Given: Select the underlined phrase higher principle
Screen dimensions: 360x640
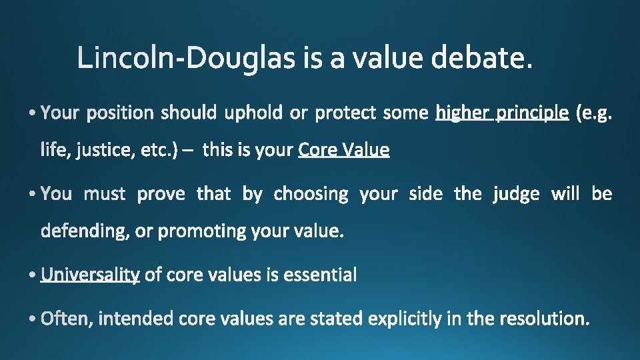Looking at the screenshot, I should tap(502, 113).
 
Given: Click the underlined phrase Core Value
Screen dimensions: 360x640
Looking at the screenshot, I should tap(344, 150).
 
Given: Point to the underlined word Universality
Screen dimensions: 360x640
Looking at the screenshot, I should tap(90, 275).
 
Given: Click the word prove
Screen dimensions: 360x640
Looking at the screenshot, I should tap(163, 194).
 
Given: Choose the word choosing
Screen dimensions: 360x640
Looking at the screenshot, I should tap(311, 194).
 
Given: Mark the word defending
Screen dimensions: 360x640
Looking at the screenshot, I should tap(85, 231).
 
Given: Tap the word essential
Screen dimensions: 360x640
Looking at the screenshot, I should tap(320, 275).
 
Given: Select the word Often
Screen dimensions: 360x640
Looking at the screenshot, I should tap(68, 319).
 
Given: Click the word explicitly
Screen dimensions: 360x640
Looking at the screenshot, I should tap(404, 319).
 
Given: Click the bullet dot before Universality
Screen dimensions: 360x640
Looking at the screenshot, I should tap(34, 275).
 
